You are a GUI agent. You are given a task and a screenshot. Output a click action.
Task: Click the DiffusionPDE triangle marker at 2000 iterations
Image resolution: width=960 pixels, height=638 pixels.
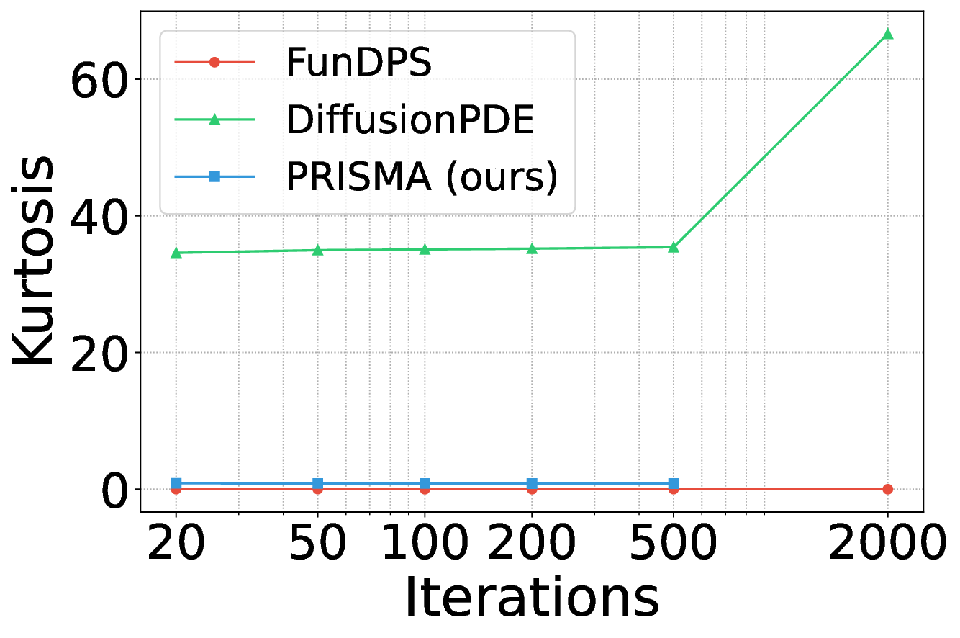pyautogui.click(x=887, y=34)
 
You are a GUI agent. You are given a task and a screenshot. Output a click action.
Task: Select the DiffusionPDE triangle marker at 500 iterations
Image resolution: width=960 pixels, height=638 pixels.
pyautogui.click(x=674, y=247)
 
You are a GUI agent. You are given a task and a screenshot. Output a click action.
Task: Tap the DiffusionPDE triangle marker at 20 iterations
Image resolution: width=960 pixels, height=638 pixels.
pyautogui.click(x=176, y=253)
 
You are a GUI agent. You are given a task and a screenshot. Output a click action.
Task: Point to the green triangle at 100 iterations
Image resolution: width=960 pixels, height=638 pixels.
pyautogui.click(x=425, y=249)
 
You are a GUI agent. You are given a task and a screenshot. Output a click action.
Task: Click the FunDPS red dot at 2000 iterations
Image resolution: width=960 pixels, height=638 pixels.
pyautogui.click(x=887, y=489)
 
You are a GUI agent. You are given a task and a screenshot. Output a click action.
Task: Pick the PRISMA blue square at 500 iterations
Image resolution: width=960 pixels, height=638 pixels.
pyautogui.click(x=674, y=484)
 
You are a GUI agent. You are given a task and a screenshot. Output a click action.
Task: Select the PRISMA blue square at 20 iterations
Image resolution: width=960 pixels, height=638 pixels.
pyautogui.click(x=176, y=483)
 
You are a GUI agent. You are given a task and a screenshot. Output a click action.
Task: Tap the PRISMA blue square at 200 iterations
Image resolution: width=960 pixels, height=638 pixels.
pyautogui.click(x=532, y=484)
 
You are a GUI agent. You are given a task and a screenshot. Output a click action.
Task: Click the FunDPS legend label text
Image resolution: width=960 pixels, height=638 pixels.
pyautogui.click(x=358, y=63)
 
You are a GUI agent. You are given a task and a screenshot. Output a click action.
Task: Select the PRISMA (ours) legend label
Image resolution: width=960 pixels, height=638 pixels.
pyautogui.click(x=422, y=177)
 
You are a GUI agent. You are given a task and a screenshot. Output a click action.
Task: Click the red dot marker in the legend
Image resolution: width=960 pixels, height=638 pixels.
pyautogui.click(x=214, y=63)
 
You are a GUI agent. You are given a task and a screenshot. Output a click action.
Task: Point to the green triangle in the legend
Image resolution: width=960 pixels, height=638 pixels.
pyautogui.click(x=214, y=120)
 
